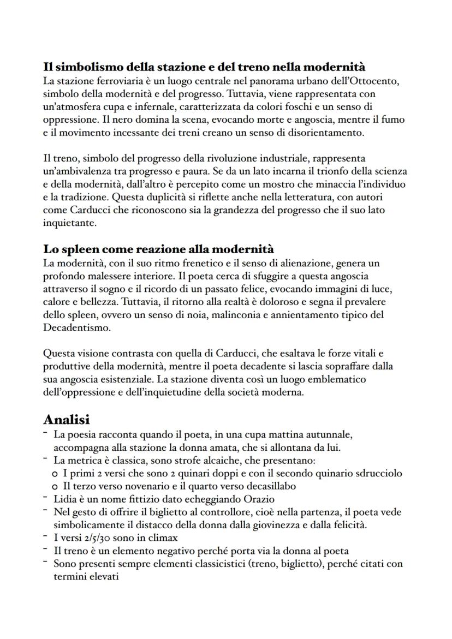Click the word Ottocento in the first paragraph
tap(377, 81)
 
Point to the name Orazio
tap(258, 499)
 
